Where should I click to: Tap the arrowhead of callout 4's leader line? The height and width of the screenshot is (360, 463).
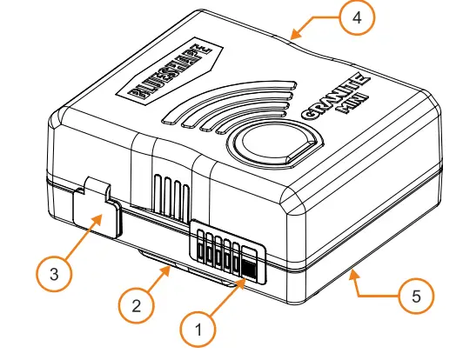[291, 38]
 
